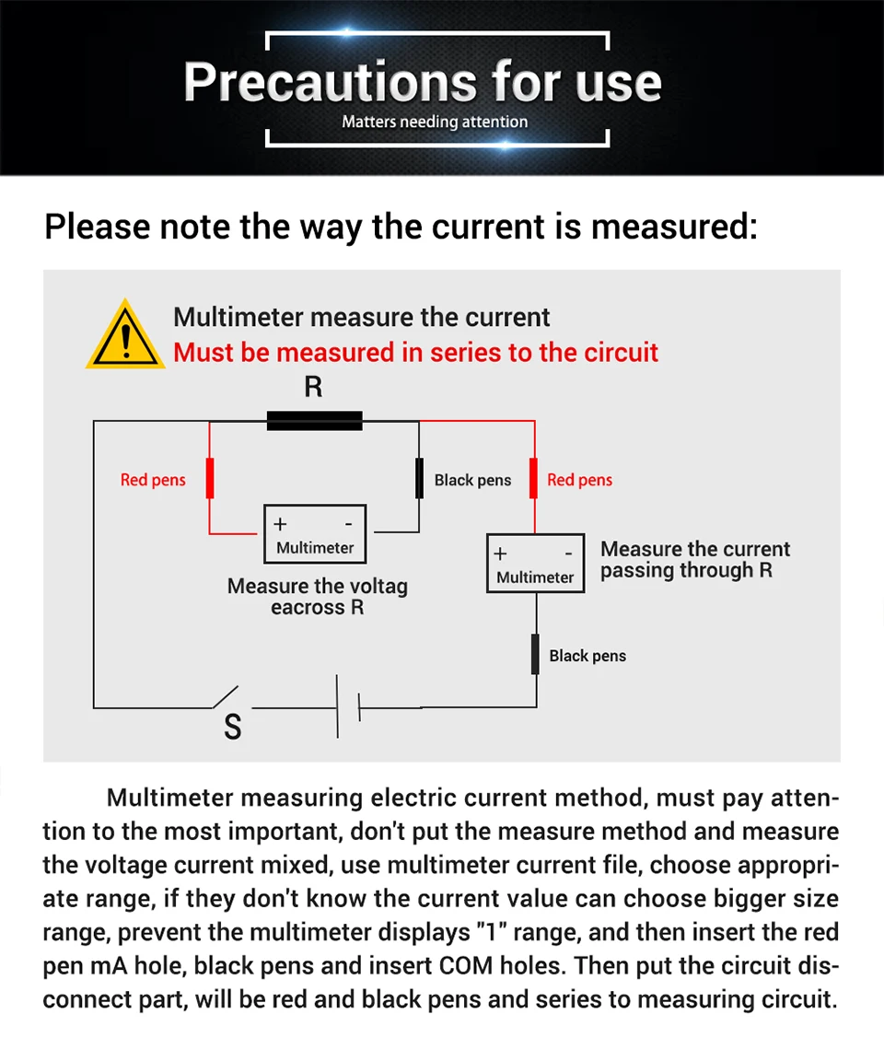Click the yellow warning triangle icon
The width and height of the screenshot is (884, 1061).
[x=124, y=335]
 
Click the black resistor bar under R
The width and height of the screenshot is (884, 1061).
[x=314, y=421]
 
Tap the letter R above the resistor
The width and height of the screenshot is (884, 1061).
[x=313, y=387]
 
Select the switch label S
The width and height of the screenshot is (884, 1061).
[x=233, y=728]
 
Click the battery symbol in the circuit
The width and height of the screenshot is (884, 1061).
[x=347, y=707]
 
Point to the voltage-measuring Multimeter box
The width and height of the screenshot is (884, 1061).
[x=315, y=534]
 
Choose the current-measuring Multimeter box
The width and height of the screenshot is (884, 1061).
[x=535, y=564]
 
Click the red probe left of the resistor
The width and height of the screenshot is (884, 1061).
[x=210, y=478]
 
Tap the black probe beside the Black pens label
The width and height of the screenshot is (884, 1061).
[x=419, y=478]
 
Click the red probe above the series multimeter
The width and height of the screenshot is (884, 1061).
[x=534, y=478]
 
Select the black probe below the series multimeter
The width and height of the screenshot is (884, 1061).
[x=535, y=654]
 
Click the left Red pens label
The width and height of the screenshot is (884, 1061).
[x=153, y=480]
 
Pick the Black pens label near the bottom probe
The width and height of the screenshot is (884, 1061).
[x=587, y=656]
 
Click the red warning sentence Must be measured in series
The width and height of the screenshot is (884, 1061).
[x=415, y=353]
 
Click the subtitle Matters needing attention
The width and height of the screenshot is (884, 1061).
[x=435, y=122]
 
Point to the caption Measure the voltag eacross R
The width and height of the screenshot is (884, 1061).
[x=317, y=597]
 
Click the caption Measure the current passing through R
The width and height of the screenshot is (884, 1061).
[x=695, y=560]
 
